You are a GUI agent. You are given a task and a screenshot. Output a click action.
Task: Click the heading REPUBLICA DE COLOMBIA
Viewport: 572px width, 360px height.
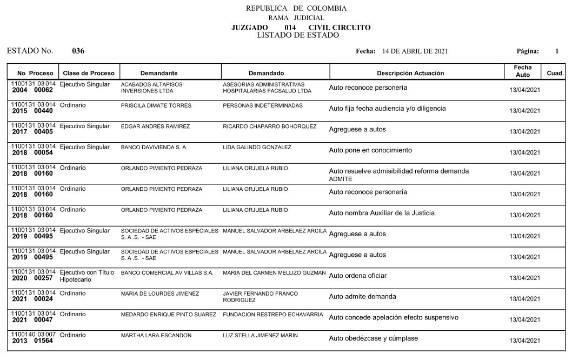click(296, 8)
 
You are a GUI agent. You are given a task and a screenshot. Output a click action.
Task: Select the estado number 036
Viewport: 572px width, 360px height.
click(78, 51)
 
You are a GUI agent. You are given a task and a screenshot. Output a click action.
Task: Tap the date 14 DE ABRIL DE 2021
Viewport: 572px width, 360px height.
click(415, 51)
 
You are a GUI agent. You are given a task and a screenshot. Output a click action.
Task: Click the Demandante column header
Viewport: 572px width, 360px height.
click(159, 73)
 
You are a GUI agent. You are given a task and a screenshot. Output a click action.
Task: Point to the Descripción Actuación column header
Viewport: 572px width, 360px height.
click(410, 73)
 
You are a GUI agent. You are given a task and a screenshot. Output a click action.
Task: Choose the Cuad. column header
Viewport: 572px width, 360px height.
click(555, 73)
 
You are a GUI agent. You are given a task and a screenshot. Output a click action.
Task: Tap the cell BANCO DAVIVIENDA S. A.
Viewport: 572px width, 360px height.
click(154, 147)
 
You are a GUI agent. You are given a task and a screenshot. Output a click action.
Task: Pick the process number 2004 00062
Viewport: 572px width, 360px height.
click(32, 91)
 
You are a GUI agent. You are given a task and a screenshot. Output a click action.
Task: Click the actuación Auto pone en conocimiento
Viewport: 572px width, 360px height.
click(370, 150)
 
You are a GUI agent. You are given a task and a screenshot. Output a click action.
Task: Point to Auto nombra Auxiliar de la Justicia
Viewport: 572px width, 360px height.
click(382, 213)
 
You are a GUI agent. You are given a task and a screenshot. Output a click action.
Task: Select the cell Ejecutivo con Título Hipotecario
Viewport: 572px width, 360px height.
click(87, 276)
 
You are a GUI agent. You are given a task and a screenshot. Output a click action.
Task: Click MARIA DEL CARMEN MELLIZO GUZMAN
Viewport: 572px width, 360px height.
click(274, 272)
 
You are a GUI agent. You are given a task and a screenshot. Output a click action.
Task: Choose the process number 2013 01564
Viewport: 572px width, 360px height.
click(32, 341)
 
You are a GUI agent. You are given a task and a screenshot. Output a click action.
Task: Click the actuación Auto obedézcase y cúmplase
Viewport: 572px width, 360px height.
click(373, 338)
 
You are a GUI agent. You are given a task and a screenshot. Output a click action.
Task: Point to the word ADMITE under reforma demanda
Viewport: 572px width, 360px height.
click(341, 179)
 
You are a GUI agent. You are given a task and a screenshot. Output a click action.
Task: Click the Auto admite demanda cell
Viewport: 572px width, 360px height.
click(362, 296)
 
